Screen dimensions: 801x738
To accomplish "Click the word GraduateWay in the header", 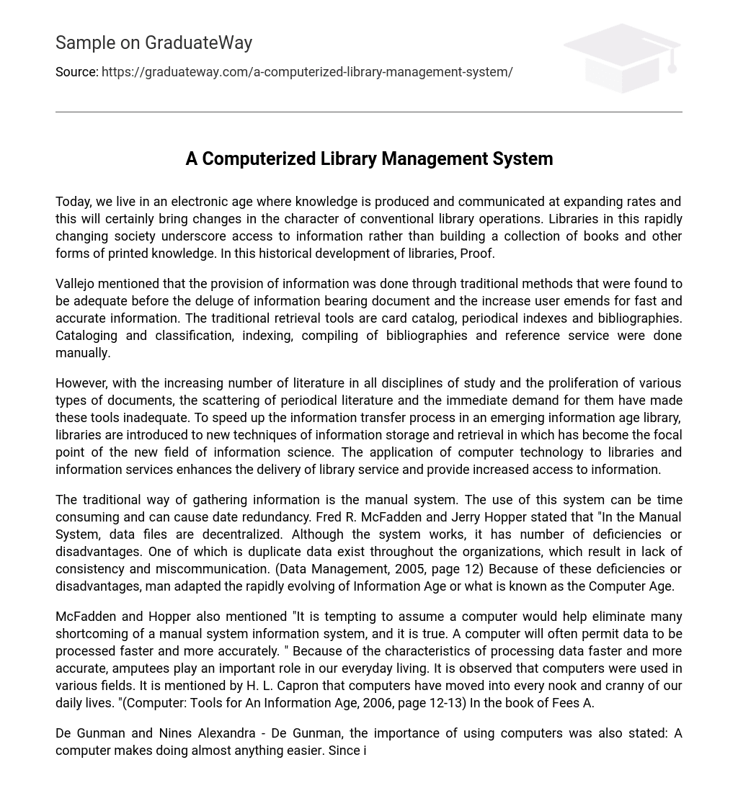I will point(198,43).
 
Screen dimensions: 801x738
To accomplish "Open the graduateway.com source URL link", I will point(307,72).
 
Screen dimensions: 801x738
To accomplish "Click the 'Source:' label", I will point(76,72).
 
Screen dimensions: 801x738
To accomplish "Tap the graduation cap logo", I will point(621,58).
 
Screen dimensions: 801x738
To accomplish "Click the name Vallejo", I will point(77,284).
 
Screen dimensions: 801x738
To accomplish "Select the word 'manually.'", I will point(83,353).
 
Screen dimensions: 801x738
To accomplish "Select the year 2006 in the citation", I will point(375,703).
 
